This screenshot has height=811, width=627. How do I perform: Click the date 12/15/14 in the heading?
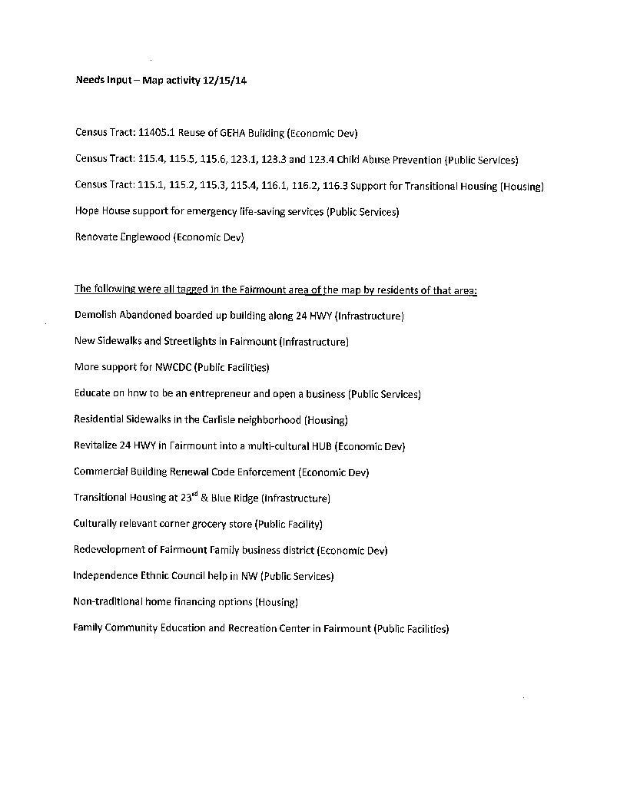225,81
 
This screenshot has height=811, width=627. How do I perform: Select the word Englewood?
144,237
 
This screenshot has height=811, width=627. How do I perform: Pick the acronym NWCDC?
173,367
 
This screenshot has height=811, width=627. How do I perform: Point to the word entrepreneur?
218,394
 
